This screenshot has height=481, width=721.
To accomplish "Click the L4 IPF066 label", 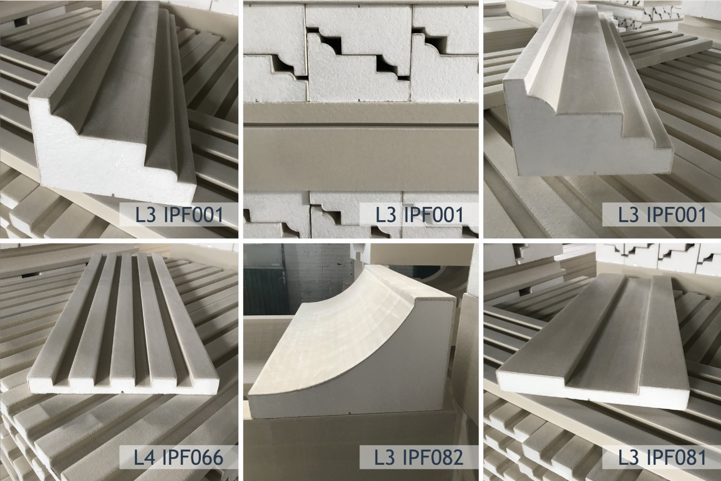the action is [x=178, y=457].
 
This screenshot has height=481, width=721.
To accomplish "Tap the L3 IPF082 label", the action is [x=418, y=457].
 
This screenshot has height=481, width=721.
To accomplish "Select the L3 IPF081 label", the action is [x=662, y=457].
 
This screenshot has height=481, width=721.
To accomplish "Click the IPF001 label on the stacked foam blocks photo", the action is [x=418, y=214].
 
